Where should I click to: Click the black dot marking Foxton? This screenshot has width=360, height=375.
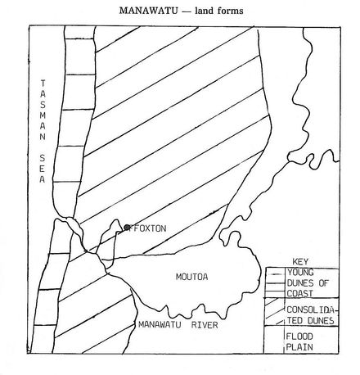(128, 228)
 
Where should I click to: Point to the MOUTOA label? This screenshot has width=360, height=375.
(192, 278)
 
